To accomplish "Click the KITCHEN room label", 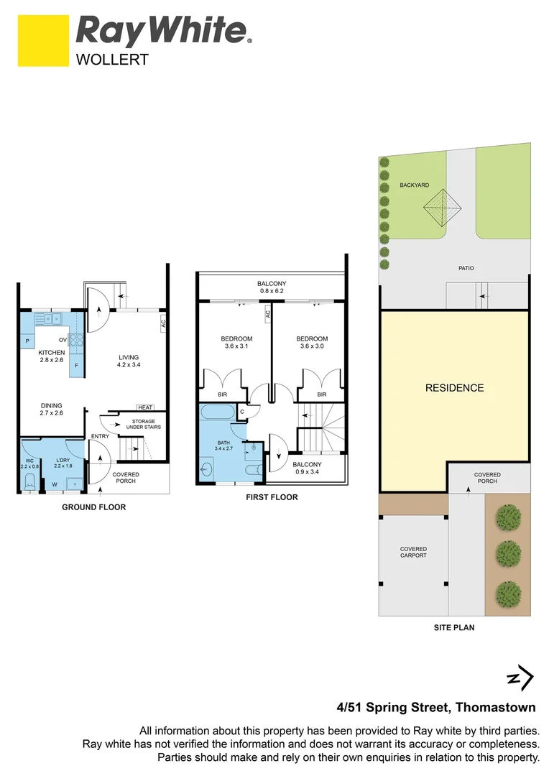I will tap(52, 352).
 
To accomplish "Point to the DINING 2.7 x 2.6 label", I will tap(52, 409).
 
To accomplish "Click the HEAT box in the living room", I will tap(147, 407).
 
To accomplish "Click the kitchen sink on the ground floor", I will tap(51, 318).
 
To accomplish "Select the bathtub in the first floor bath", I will tap(216, 413).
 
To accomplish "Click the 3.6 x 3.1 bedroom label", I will tap(236, 343).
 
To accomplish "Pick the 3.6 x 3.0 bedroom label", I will tap(312, 343).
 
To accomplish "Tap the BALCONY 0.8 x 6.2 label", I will tap(272, 287).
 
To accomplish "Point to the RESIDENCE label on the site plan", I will tap(454, 388).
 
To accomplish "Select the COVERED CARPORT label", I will tap(413, 552).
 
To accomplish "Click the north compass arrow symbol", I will tap(520, 678).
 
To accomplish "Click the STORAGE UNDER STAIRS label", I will tap(142, 424).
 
